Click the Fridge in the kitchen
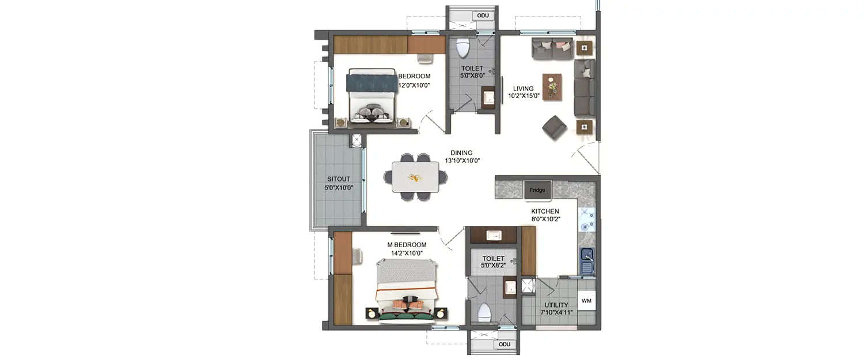tap(537, 190)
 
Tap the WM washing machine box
tap(586, 301)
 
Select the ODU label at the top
tap(483, 15)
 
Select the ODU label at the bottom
tap(505, 344)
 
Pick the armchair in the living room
tap(554, 127)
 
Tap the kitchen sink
tap(586, 260)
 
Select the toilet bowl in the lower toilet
tap(485, 313)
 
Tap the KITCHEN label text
tap(545, 211)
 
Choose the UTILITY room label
tap(555, 305)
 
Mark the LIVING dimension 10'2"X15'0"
tap(524, 96)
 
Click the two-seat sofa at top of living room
tap(552, 49)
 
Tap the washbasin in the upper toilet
tap(488, 97)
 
